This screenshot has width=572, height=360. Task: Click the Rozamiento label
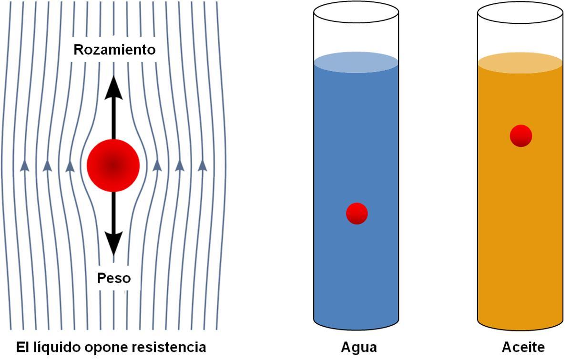pos(114,50)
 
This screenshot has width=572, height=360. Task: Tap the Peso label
pos(113,278)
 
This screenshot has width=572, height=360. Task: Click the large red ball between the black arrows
pos(113,165)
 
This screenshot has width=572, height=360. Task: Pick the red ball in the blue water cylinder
pos(357,213)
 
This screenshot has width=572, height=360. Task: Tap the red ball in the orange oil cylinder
pos(521,136)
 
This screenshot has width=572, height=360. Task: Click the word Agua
pos(358,347)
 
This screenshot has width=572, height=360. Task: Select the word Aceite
pos(523,347)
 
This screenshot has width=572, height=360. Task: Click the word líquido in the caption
pos(56,347)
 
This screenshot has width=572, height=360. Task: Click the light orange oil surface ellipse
pos(520,62)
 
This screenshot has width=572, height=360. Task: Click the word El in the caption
pos(22,347)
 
